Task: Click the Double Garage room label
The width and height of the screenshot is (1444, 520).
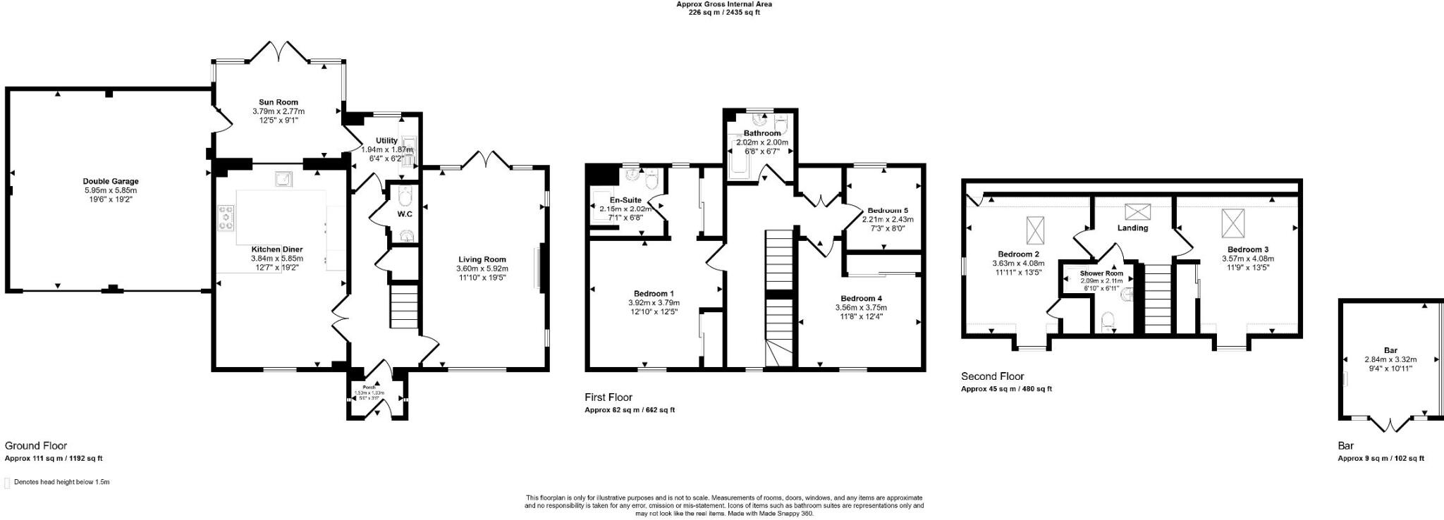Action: [110, 181]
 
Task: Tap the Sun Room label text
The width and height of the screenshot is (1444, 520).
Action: [278, 102]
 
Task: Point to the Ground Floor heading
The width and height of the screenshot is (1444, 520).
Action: [36, 445]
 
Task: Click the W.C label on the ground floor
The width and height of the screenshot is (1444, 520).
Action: [405, 214]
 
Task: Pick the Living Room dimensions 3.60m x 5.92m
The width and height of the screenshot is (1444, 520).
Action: [482, 268]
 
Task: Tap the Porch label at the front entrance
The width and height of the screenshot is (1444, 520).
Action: [369, 388]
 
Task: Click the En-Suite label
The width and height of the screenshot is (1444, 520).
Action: [625, 200]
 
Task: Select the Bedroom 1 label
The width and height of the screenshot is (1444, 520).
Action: [654, 294]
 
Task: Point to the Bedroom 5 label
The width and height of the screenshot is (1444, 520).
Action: [888, 210]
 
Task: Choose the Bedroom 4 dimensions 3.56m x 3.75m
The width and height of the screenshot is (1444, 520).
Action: [861, 307]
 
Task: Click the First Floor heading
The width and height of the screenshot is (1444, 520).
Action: [608, 397]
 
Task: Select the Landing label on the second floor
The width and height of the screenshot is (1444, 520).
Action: [1133, 228]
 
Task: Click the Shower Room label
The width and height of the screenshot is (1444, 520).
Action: [1101, 273]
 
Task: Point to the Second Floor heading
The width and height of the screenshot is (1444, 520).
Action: [992, 376]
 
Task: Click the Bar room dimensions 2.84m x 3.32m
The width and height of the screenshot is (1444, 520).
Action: [1390, 359]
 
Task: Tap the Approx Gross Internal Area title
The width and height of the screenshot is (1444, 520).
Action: [723, 4]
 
